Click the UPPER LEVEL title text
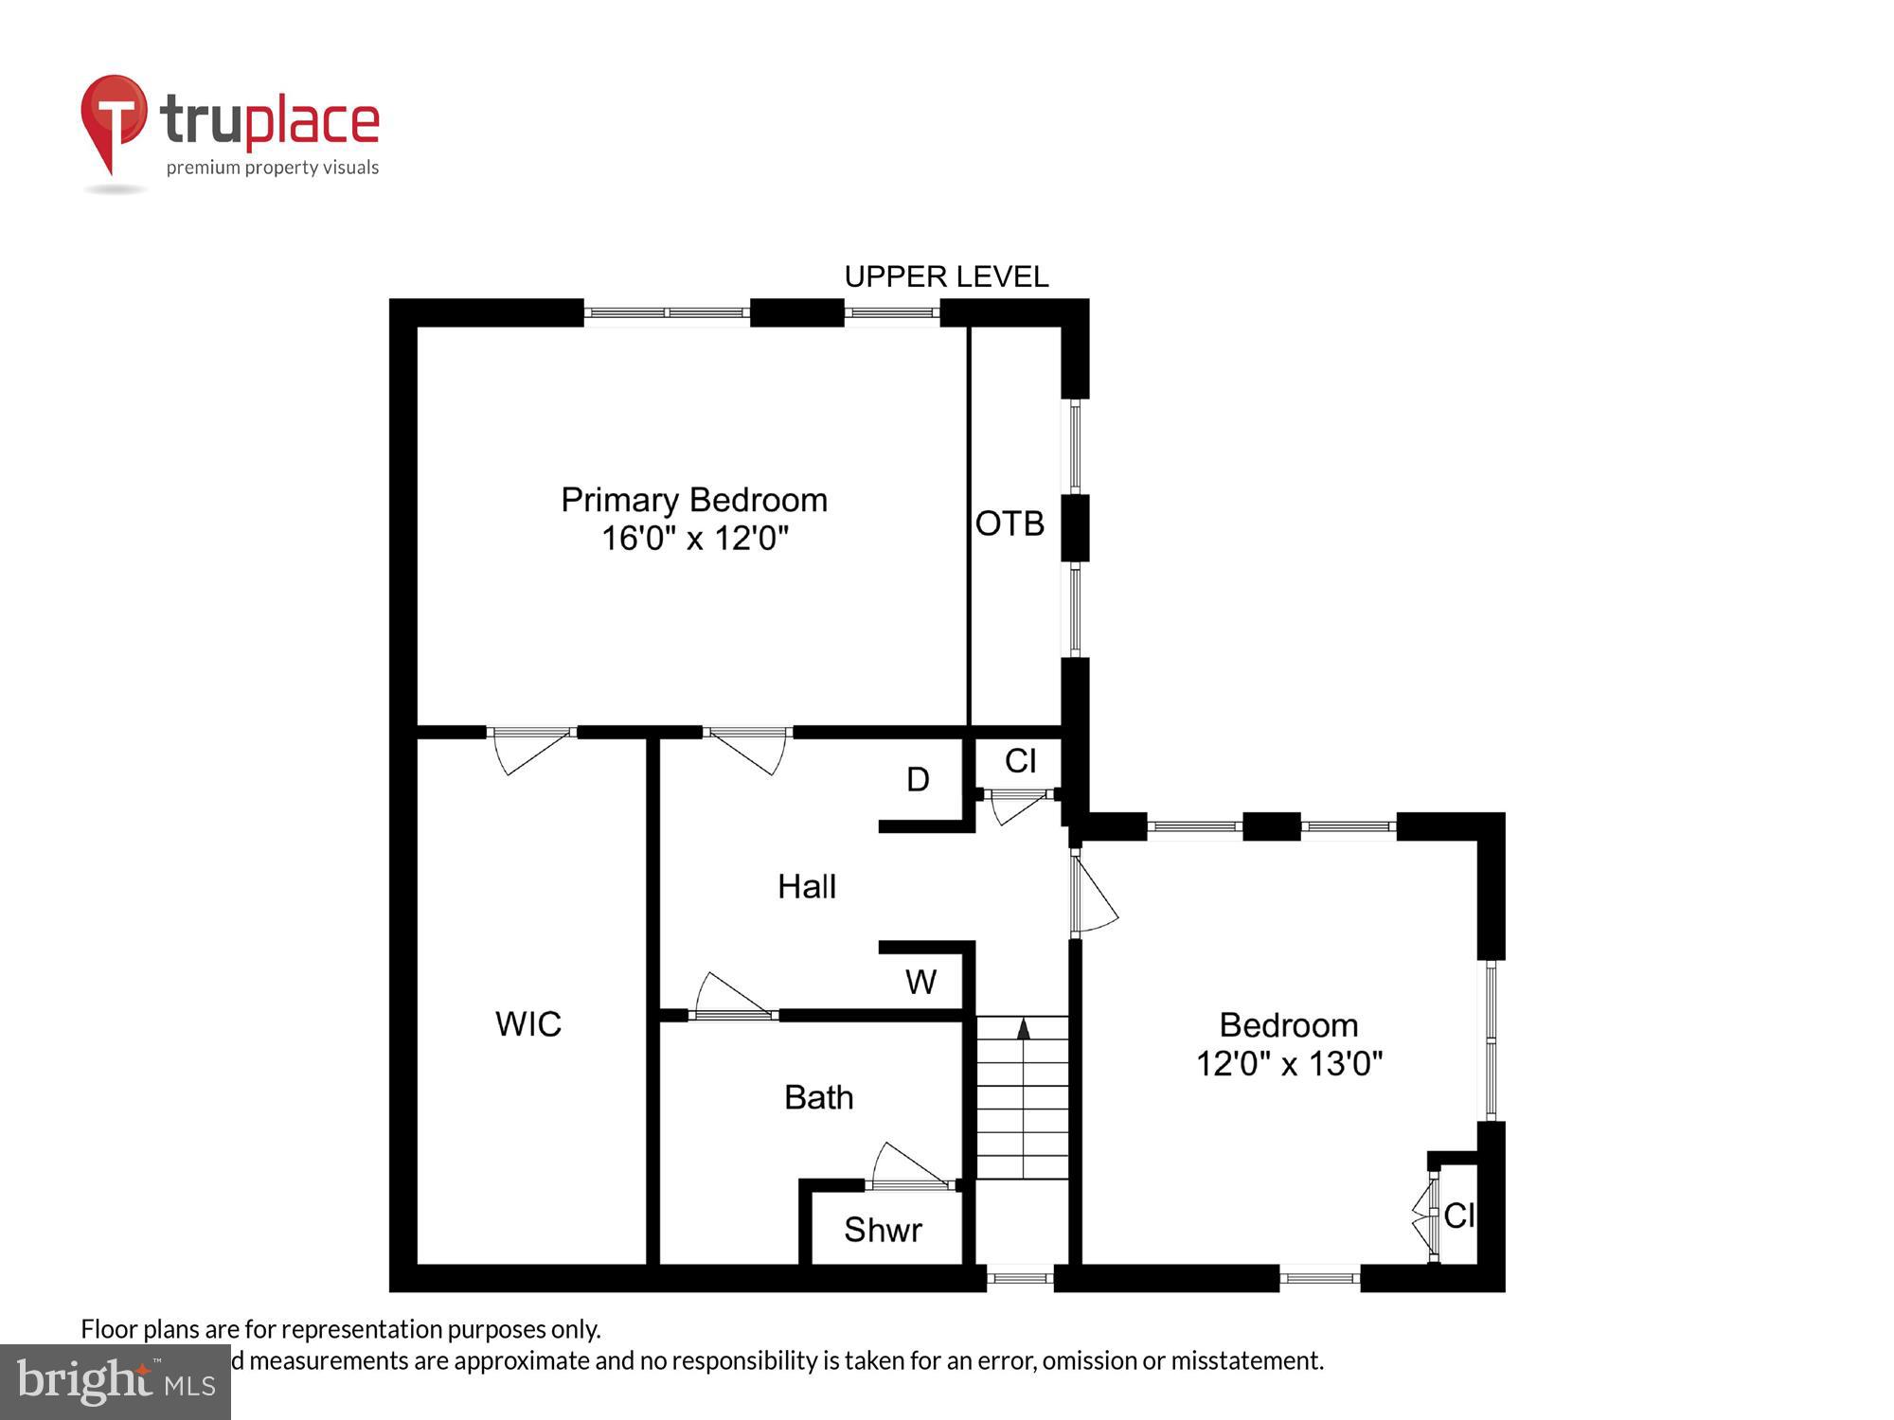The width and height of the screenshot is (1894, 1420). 946,276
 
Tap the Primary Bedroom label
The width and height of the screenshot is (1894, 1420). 694,500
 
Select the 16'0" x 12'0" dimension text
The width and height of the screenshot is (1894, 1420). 695,539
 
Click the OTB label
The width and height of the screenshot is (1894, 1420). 1010,524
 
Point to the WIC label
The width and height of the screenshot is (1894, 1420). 528,1023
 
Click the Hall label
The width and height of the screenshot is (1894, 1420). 807,887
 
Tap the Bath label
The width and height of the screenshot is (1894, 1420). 819,1097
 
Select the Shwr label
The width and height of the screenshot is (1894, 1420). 883,1230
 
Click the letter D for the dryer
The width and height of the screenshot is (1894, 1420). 918,780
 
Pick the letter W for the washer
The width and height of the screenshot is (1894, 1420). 920,983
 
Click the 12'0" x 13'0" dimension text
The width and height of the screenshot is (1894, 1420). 1289,1064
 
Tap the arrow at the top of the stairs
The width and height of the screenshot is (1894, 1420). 1023,1029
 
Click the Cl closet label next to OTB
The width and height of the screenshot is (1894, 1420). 1020,761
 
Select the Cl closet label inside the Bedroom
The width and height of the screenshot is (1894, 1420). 1459,1216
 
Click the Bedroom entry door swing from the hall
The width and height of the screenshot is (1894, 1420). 1096,895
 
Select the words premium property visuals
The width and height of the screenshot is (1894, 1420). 273,168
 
